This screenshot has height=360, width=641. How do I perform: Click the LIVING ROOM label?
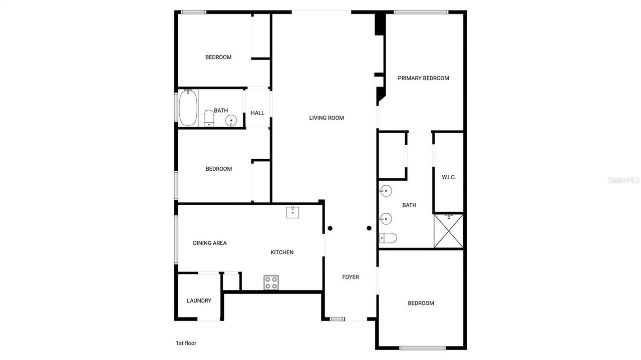[326, 118]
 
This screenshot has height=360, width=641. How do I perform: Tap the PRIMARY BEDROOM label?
[423, 78]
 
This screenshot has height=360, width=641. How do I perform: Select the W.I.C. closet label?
[449, 177]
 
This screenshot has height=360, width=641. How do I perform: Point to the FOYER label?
[351, 277]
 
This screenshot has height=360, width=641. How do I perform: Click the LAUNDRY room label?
[199, 301]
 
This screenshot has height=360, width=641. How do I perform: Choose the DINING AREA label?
[210, 243]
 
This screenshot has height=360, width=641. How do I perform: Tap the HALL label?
[257, 113]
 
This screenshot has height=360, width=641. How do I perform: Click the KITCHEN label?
[282, 252]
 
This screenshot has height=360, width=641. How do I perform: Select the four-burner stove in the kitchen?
[271, 282]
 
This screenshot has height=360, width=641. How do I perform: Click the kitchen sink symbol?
[293, 212]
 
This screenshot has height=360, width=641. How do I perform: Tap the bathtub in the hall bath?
[188, 107]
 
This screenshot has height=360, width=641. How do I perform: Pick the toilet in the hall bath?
[209, 118]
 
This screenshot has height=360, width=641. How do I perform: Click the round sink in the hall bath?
[230, 120]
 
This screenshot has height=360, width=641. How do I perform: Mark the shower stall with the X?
[449, 231]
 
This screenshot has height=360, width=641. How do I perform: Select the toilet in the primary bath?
[388, 238]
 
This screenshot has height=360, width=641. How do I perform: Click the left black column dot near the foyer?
[330, 228]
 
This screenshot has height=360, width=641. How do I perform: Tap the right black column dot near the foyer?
[369, 228]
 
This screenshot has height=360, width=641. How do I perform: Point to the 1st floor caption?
[186, 343]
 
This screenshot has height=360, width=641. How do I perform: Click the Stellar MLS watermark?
[623, 180]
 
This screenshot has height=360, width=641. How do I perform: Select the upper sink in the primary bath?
[385, 191]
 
